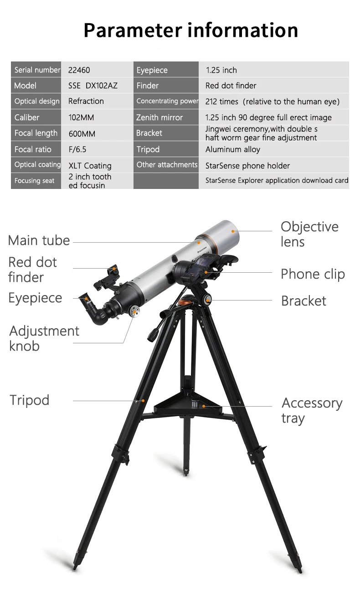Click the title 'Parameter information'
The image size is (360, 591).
(x=191, y=30)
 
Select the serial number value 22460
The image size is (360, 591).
(x=79, y=70)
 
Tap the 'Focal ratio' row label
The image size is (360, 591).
(x=33, y=149)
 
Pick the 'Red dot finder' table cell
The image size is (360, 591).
(x=231, y=86)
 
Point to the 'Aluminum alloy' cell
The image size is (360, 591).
(x=232, y=149)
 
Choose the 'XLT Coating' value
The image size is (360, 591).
(x=90, y=166)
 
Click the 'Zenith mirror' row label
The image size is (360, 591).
(x=159, y=117)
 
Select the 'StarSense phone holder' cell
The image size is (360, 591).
(x=247, y=166)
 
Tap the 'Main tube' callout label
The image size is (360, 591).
(x=39, y=240)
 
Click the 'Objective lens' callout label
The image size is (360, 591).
(x=309, y=234)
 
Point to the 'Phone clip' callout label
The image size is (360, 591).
(x=313, y=274)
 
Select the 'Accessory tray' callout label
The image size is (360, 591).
(x=312, y=411)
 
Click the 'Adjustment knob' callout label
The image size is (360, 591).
(x=44, y=338)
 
